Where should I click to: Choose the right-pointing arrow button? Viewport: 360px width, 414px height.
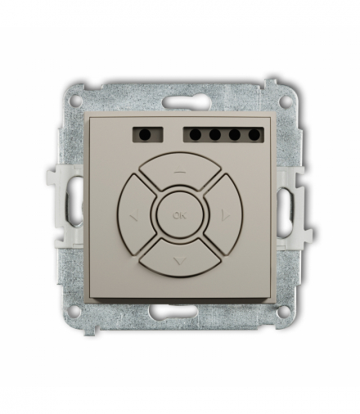click(x=222, y=216)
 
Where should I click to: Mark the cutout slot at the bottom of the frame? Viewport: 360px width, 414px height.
click(x=180, y=312)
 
